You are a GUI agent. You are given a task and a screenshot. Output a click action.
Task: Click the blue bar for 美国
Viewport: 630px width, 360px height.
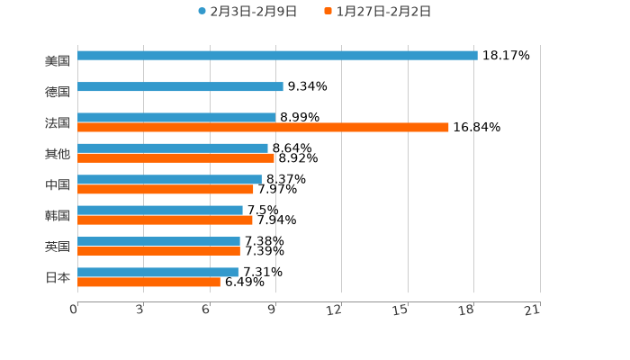point(277,56)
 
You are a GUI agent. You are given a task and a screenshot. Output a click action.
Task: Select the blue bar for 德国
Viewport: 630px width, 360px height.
point(180,87)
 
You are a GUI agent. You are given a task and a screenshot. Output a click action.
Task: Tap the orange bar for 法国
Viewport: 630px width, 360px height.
point(263,128)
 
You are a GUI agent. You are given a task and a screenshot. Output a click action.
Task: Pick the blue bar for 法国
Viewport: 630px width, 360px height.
point(176,117)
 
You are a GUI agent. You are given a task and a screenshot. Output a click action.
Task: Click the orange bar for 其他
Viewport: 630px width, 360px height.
point(175,158)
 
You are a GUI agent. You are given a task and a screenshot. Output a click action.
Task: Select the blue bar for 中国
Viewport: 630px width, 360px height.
point(169,179)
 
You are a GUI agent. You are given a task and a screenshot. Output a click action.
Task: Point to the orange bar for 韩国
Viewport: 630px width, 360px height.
point(165,220)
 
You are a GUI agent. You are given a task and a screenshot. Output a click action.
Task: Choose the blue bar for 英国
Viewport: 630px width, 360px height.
point(158,241)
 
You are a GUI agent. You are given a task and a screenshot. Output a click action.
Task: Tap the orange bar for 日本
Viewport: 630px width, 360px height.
point(148,283)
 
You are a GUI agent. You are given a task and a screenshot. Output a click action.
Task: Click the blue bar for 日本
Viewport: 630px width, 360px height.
point(157,272)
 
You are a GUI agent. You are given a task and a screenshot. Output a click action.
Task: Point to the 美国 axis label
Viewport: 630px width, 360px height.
point(58,61)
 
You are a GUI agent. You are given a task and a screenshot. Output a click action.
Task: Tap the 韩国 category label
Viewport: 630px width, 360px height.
point(58,216)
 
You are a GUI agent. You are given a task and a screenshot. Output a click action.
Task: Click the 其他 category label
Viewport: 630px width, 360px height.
point(58,154)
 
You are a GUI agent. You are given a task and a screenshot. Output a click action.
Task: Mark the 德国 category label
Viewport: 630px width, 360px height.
point(58,92)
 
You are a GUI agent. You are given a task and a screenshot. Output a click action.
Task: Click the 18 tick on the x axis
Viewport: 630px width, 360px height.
point(466,310)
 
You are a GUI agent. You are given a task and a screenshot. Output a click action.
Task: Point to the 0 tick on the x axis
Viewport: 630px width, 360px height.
point(74,310)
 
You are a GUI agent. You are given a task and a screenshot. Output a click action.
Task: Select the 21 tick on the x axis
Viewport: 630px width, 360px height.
point(532,310)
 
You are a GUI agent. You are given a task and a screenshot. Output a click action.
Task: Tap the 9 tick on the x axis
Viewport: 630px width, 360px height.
point(272,310)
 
